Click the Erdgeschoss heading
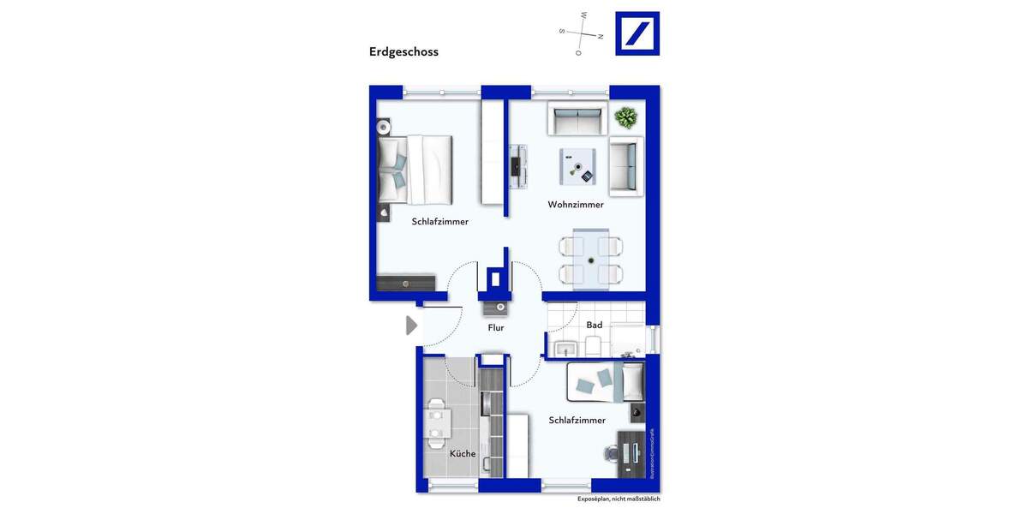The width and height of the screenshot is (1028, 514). coord(403,51)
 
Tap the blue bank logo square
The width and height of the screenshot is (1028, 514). coord(637,33)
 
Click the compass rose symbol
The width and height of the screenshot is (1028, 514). coord(582,34)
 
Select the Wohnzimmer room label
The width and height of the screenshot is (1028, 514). coord(576,205)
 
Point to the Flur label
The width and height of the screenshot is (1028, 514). coord(496,328)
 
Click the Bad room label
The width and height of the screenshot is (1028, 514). coord(594,326)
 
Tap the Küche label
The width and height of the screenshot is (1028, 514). coord(463,454)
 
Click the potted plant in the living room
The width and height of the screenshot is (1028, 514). coord(625,117)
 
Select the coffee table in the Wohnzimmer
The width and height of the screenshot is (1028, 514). coord(577,165)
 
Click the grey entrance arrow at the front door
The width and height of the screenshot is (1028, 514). coord(411,326)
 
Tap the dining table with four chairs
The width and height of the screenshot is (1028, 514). coord(591,257)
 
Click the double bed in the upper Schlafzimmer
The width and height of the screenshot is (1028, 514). coord(415,170)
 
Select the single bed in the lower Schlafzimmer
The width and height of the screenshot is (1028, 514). coord(605,381)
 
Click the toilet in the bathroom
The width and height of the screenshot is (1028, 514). coord(593,346)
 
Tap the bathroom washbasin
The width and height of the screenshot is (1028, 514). coord(565,348)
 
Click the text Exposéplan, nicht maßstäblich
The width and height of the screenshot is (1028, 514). coord(619,499)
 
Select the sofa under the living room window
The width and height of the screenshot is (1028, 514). coord(577,121)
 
